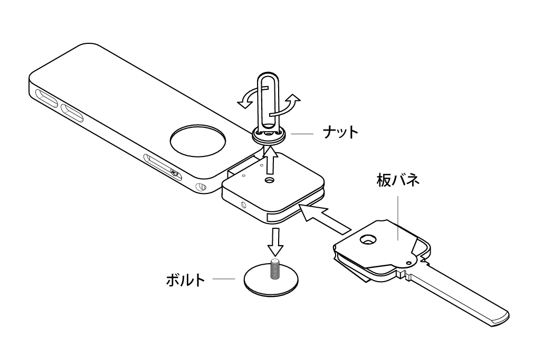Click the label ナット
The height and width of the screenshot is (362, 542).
(340, 132)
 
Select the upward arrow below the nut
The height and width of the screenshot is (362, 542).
(270, 162)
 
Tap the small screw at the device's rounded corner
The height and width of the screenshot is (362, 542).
(201, 187)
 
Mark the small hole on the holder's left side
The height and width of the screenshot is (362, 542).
(243, 204)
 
